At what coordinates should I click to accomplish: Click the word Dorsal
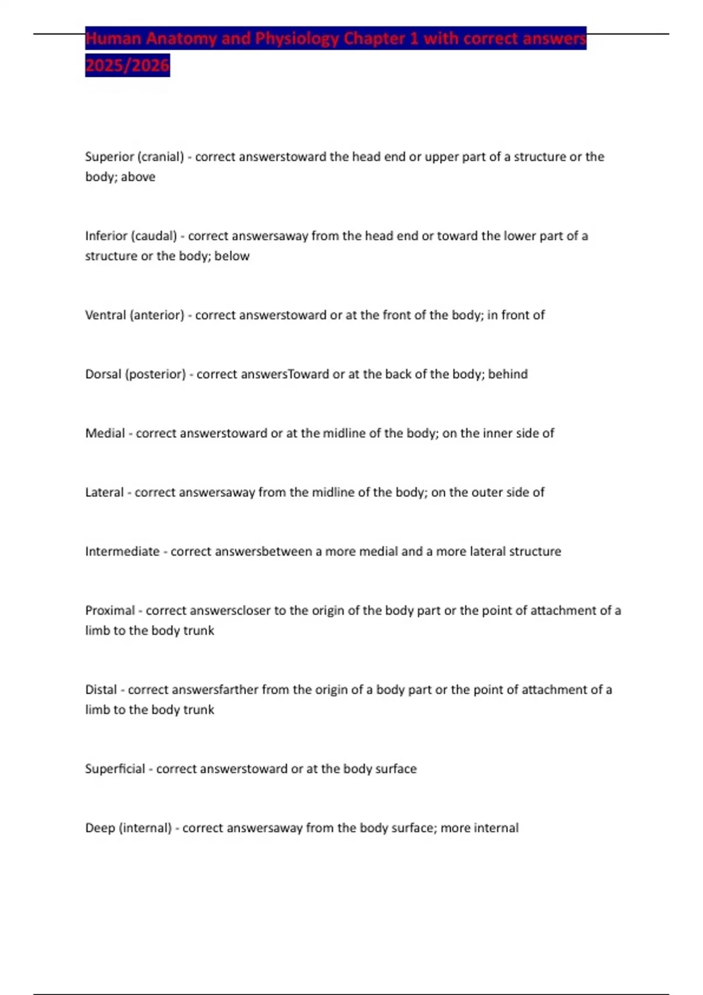click(x=103, y=374)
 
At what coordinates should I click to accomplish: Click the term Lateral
click(x=104, y=492)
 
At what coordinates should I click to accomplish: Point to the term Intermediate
click(x=122, y=551)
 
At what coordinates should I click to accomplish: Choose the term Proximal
click(x=110, y=610)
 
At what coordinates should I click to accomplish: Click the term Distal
click(x=101, y=689)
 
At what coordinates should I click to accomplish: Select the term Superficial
click(x=115, y=768)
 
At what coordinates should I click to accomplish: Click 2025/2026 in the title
click(x=127, y=65)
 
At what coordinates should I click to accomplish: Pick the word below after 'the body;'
click(x=232, y=256)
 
